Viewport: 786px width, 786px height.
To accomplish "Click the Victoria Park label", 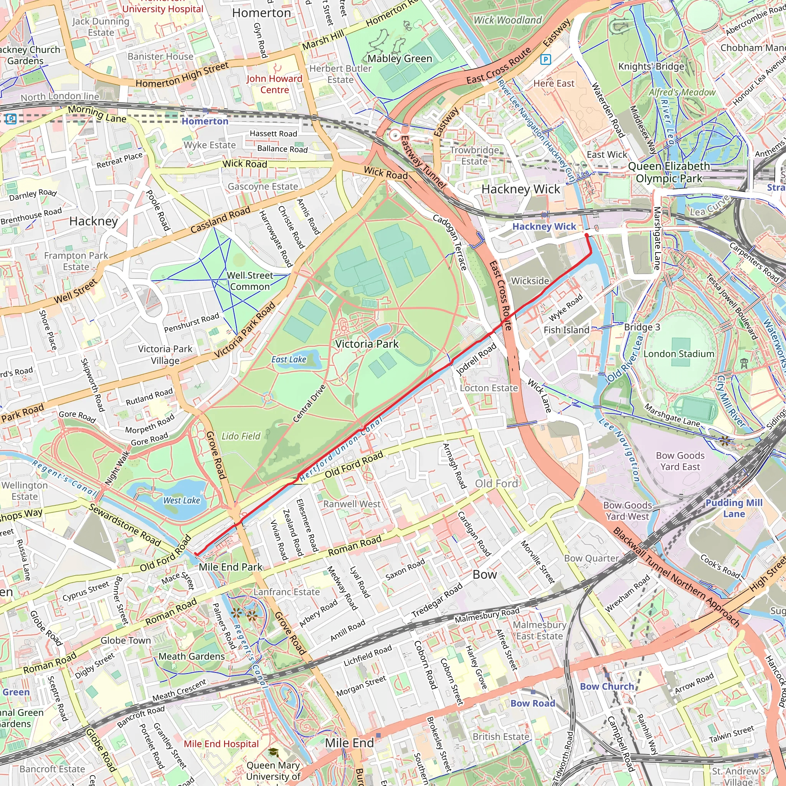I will point(367,344).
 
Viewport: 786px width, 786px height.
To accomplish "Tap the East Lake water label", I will point(289,360).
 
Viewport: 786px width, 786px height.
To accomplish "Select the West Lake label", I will point(182,500).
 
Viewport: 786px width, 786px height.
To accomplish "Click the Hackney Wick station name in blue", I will point(544,226).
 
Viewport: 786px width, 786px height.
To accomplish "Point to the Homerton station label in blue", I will point(205,121).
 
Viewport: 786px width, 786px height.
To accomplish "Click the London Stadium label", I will point(679,354).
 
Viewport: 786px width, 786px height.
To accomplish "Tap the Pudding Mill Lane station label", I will point(734,508).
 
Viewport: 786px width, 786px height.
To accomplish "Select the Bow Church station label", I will point(607,686).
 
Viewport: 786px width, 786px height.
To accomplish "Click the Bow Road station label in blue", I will point(533,703).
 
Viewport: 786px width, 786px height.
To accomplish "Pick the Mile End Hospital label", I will point(221,744).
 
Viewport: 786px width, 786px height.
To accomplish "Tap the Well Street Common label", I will point(250,281).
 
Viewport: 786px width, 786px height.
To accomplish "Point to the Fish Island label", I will point(566,330).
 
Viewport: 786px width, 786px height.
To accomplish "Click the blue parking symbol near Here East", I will point(546,60).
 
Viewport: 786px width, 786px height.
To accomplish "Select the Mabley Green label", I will point(400,59).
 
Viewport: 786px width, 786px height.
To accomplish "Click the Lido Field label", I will point(241,436).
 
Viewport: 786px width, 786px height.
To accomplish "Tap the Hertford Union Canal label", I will point(341,450).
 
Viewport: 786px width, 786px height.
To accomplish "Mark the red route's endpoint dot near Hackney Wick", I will point(587,236).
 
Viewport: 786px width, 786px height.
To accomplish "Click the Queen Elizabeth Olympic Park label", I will point(669,172).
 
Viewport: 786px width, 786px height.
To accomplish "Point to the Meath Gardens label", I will point(191,656).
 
